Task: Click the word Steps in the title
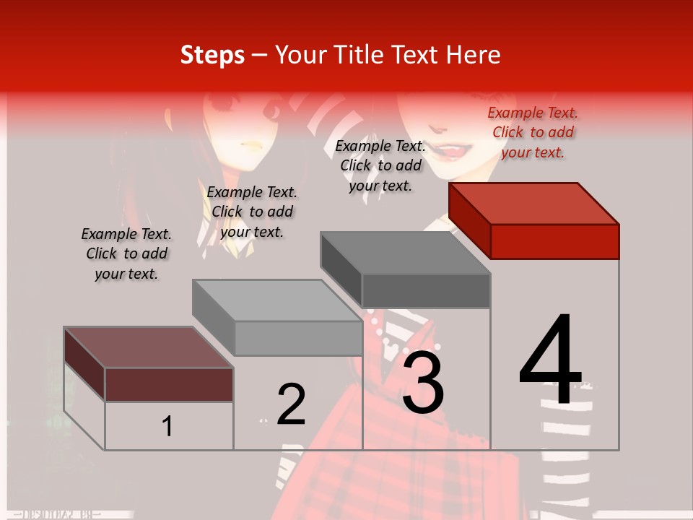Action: pyautogui.click(x=212, y=55)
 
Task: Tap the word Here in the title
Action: pyautogui.click(x=472, y=55)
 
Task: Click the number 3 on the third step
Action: pyautogui.click(x=423, y=383)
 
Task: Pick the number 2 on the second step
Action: pyautogui.click(x=291, y=404)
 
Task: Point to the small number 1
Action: pyautogui.click(x=167, y=427)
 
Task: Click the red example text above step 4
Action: pyautogui.click(x=533, y=132)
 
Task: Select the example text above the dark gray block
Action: pyautogui.click(x=380, y=165)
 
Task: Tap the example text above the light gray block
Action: pyautogui.click(x=252, y=212)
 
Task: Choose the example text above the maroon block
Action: pyautogui.click(x=126, y=253)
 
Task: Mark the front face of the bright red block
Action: pyautogui.click(x=554, y=241)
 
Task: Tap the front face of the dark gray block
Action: pyautogui.click(x=426, y=291)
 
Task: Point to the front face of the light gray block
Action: pyautogui.click(x=298, y=339)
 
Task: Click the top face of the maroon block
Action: pyautogui.click(x=149, y=347)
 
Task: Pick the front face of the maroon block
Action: pyautogui.click(x=169, y=384)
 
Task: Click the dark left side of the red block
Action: pyautogui.click(x=469, y=220)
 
